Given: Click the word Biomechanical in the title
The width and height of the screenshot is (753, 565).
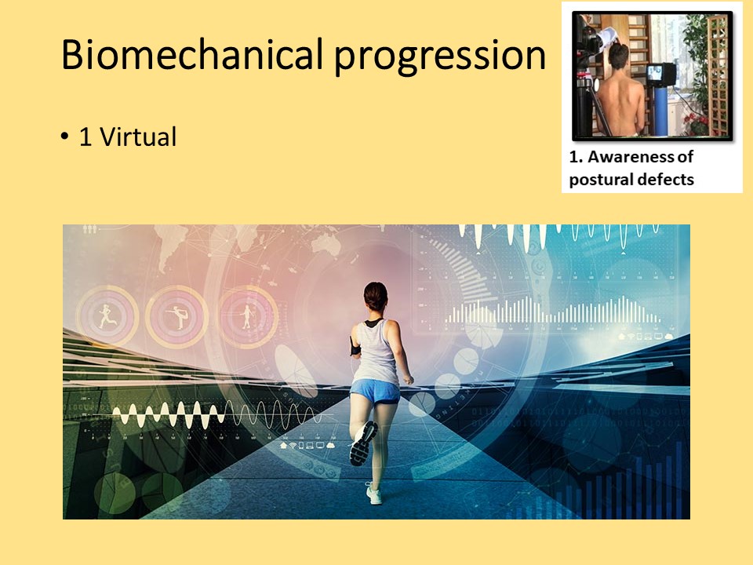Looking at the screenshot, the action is [x=192, y=54].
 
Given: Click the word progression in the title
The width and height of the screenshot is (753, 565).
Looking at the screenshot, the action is [x=440, y=56].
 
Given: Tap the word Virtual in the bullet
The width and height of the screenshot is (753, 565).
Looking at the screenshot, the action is [x=138, y=137].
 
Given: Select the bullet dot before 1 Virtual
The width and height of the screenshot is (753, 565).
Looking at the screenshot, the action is [x=65, y=137].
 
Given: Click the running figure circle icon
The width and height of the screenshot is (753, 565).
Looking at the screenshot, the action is [x=107, y=316].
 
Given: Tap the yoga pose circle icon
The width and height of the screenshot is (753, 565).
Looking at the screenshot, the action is [x=177, y=316].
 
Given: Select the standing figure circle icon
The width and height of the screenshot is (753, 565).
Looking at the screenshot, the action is [x=247, y=316].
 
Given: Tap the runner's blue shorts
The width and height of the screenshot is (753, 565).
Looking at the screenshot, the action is [x=375, y=391].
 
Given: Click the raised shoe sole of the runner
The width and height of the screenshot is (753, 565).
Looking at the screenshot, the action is [x=362, y=443].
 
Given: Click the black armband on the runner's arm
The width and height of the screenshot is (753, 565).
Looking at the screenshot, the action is [x=355, y=346].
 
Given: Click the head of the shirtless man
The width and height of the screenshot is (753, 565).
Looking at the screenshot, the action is [x=619, y=56].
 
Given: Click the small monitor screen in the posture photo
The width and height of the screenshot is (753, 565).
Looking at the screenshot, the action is [x=655, y=73].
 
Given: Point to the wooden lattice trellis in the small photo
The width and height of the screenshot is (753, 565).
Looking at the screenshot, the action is [x=718, y=75].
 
